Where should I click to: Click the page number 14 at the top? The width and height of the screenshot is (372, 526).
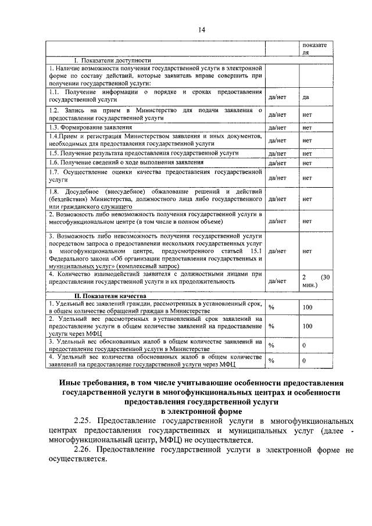(201, 30)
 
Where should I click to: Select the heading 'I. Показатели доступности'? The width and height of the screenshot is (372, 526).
(112, 60)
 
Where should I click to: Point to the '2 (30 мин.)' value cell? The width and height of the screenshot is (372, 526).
(316, 281)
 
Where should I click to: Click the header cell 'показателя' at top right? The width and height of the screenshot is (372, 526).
(314, 48)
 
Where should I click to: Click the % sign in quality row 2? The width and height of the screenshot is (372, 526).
(271, 327)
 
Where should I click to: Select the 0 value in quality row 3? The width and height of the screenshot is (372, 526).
(304, 345)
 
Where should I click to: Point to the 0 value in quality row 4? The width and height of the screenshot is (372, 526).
(304, 361)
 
